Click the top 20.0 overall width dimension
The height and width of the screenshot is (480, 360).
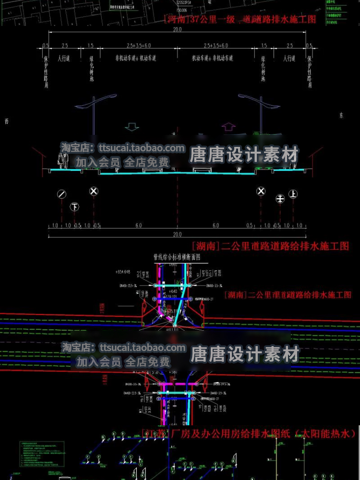(178, 30)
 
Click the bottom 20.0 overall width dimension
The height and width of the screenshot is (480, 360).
(178, 234)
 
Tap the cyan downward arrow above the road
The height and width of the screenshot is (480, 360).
(131, 127)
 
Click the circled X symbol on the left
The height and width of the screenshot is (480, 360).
(94, 192)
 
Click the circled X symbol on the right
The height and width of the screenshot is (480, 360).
(261, 192)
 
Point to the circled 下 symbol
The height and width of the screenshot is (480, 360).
(74, 207)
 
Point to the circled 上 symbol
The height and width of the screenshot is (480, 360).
(293, 194)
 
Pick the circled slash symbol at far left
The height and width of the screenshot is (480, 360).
(61, 194)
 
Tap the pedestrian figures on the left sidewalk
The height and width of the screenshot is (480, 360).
(61, 161)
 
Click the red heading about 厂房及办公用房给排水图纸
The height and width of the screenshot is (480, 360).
(250, 433)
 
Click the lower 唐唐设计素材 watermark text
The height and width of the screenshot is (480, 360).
(245, 355)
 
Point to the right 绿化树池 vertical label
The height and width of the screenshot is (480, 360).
(263, 68)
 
